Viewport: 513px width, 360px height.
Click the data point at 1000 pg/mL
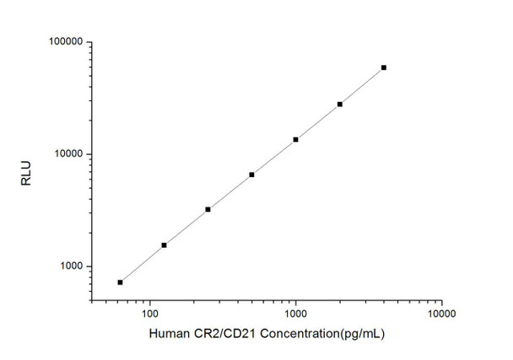tap(295, 139)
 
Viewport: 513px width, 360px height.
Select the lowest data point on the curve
tap(120, 282)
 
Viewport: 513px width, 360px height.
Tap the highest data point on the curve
tap(384, 67)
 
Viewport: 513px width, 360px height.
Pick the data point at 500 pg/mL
tap(251, 175)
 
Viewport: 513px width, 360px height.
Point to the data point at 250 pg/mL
tap(208, 209)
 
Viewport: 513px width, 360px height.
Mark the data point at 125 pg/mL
tap(164, 245)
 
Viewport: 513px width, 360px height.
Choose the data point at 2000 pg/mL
tap(340, 104)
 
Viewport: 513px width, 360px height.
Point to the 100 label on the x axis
tap(149, 313)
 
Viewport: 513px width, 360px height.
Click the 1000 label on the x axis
tap(295, 313)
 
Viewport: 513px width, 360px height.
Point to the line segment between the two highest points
tap(362, 86)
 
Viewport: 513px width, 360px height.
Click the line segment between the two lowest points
tap(142, 264)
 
